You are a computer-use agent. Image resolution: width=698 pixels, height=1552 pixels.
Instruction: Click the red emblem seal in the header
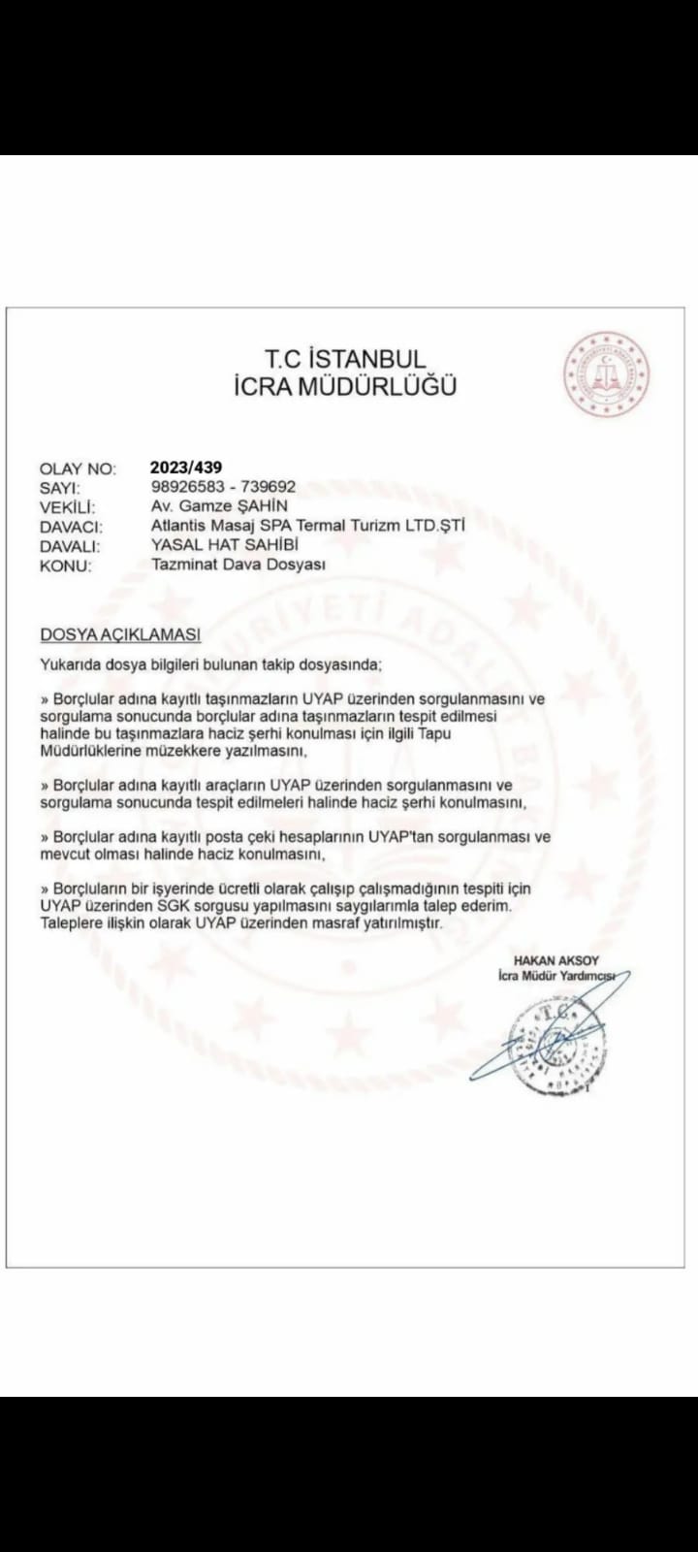pos(607,374)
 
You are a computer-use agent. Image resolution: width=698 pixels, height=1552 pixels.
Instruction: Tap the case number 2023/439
pos(186,467)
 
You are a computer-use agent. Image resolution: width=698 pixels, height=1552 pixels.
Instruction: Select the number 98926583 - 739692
pos(224,486)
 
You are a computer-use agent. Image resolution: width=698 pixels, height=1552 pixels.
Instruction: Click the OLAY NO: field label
pos(78,469)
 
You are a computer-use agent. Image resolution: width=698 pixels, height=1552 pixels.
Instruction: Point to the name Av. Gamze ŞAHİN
pos(219,505)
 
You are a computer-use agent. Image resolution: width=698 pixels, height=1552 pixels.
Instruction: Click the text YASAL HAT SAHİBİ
pos(225,545)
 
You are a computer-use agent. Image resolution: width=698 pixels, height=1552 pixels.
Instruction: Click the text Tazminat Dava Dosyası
pos(238,565)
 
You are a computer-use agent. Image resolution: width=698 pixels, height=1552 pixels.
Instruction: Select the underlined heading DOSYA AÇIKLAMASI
pos(120,634)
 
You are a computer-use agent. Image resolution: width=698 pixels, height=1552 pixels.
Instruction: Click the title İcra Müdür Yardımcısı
pos(556,976)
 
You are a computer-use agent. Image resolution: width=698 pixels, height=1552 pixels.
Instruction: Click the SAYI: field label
pos(60,489)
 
